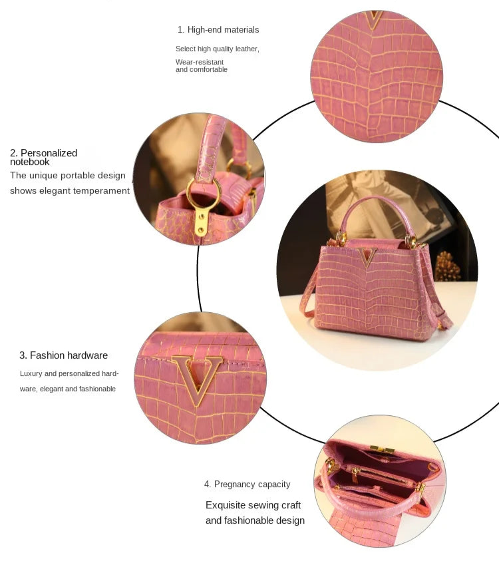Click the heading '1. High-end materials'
point(218,30)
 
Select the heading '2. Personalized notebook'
point(43,157)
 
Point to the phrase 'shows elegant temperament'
point(70,191)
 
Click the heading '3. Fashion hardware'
point(63,355)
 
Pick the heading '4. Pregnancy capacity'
point(247,484)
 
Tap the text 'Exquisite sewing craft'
point(253,505)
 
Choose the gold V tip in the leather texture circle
point(375,19)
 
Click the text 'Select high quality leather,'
point(218,49)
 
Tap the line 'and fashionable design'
point(255,520)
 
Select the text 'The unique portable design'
point(67,176)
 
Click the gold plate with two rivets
point(201,221)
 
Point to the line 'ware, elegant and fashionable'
point(68,389)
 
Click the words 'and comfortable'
point(202,70)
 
